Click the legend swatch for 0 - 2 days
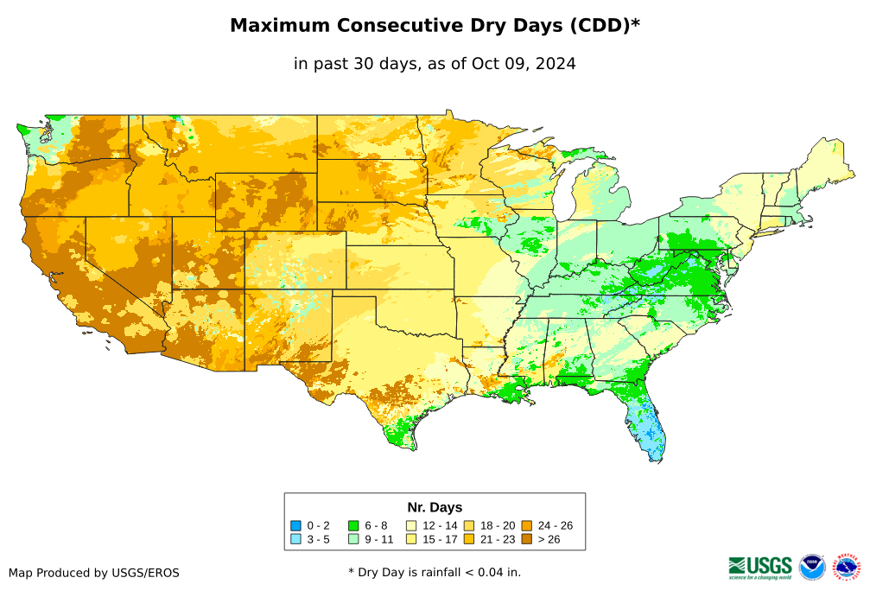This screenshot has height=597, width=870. (x=295, y=525)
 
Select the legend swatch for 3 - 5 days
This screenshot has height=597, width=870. (x=295, y=539)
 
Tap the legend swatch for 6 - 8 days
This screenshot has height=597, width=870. (x=353, y=525)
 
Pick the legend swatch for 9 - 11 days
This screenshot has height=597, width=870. (x=353, y=539)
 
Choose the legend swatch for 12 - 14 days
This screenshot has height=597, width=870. (x=411, y=525)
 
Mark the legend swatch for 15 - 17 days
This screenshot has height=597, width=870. (x=411, y=539)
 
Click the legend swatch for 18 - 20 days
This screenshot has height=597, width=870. (x=469, y=525)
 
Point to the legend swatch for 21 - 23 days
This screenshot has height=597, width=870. (x=469, y=539)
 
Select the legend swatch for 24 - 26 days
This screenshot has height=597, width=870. (x=526, y=525)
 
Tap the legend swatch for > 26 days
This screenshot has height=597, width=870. (x=526, y=539)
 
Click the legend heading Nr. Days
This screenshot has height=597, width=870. (x=435, y=507)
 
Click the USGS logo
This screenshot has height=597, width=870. (x=760, y=567)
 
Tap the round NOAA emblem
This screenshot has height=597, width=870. (x=812, y=568)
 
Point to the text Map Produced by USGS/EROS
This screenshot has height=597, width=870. (x=94, y=573)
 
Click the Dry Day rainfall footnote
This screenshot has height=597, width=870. (x=435, y=572)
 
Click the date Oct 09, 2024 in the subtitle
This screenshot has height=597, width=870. (x=524, y=64)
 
